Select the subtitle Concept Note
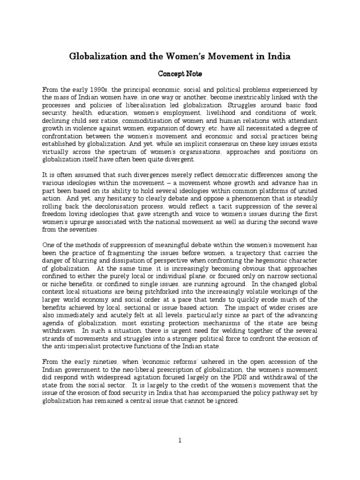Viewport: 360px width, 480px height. (180, 74)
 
